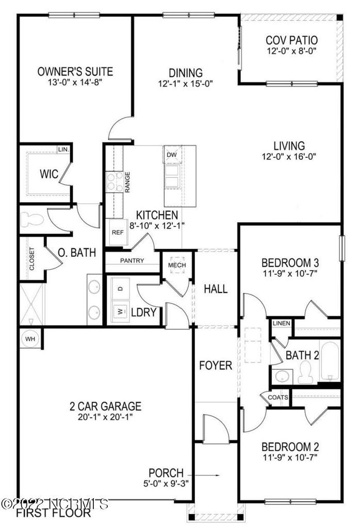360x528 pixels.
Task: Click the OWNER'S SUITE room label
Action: tap(75, 72)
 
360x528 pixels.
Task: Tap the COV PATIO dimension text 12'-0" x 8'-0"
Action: tap(291, 52)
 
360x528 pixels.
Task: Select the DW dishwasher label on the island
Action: tap(171, 154)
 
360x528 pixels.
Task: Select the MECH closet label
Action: tap(177, 265)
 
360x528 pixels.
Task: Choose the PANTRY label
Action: tap(132, 261)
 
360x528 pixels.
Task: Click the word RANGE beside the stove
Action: tap(127, 182)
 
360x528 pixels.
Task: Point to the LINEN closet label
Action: tap(282, 323)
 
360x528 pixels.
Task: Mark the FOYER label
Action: tap(216, 366)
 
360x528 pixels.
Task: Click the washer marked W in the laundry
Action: tap(121, 311)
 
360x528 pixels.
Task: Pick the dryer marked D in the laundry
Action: tap(121, 289)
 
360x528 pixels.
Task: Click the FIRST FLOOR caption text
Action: tap(53, 514)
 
